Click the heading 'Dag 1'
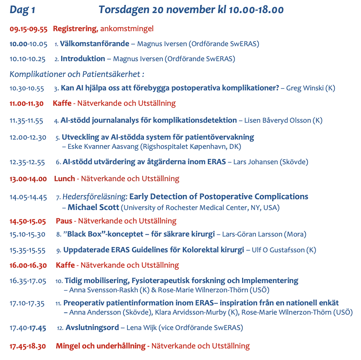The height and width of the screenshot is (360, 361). click(x=22, y=10)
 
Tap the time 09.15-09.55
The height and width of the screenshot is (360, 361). click(x=28, y=29)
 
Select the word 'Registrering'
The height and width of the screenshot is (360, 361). click(x=74, y=29)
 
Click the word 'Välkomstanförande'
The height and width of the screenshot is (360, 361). click(x=95, y=44)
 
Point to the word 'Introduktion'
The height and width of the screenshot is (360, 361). click(x=83, y=59)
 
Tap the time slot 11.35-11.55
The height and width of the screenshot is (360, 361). click(x=26, y=121)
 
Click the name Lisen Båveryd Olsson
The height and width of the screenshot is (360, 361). click(x=277, y=121)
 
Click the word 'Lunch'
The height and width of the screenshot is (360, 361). click(x=64, y=179)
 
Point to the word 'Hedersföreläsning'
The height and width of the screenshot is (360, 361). click(x=95, y=197)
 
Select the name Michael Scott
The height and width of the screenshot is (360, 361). click(x=94, y=208)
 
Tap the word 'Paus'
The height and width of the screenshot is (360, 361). click(x=64, y=221)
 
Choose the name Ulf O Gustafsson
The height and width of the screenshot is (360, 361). click(x=277, y=250)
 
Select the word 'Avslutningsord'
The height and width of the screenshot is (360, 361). click(x=92, y=328)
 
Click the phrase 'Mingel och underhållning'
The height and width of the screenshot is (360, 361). click(x=101, y=346)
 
